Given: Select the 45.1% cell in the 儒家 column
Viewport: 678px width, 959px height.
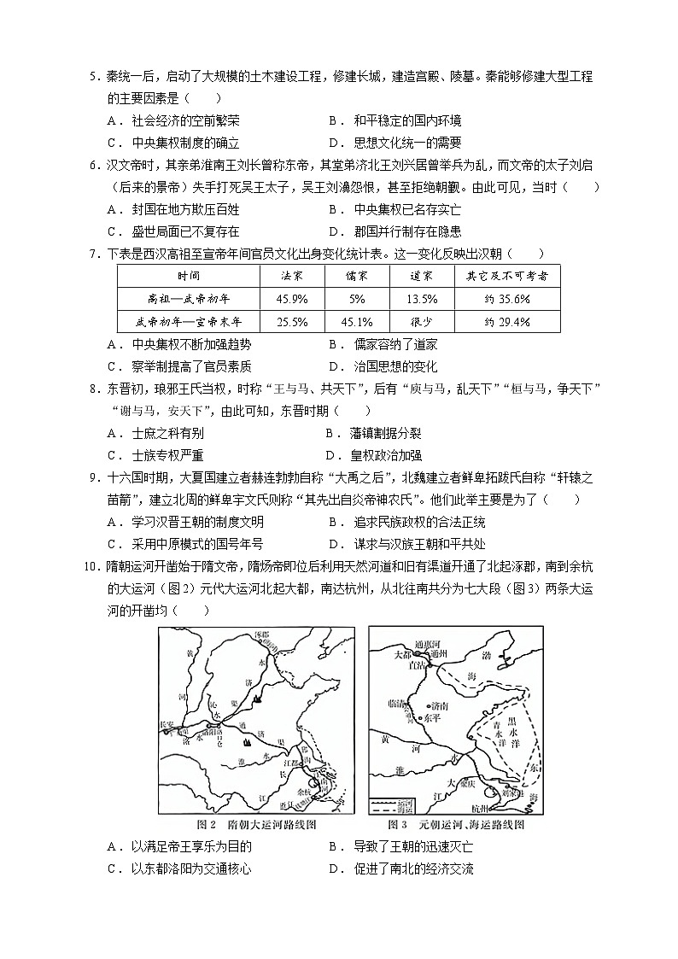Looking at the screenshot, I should point(356,322).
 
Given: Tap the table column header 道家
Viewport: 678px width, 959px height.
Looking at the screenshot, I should point(420,276).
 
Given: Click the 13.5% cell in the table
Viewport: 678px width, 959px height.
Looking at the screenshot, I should point(420,299).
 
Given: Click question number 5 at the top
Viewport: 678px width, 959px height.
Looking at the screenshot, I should point(95,77).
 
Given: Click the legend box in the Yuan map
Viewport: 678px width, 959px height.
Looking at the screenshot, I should point(391,804).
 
